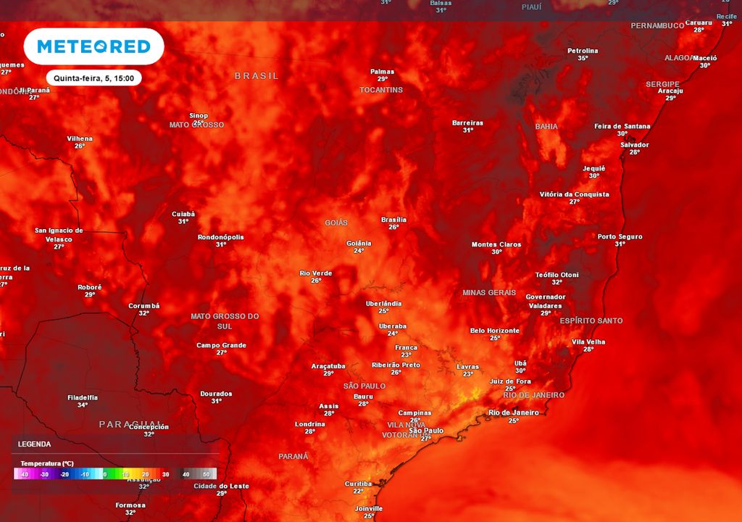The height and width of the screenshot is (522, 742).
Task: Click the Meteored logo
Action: pos(93,46)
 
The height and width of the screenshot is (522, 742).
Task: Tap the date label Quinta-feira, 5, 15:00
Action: pos(93,78)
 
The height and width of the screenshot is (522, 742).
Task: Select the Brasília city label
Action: pos(393,220)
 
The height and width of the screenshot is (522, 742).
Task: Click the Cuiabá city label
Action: pos(183,214)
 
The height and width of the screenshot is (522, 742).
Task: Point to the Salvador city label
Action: pos(635,145)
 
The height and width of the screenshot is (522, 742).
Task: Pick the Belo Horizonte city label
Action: pos(495,331)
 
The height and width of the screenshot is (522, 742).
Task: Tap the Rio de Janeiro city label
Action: pos(514,413)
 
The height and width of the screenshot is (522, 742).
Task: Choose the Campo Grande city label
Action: pos(221,345)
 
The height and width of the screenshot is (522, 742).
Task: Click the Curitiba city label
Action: pos(358,484)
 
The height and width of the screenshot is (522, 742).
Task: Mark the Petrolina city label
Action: pos(583,51)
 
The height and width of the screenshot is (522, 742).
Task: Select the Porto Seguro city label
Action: pos(620,236)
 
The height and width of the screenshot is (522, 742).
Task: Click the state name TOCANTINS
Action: pos(381,90)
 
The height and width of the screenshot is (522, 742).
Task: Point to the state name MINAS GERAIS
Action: pos(489,293)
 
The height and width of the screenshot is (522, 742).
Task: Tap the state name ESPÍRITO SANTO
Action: pos(591,320)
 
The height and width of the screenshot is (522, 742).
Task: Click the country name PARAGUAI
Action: pos(131,423)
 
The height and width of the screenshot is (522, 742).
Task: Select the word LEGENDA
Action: pos(34,444)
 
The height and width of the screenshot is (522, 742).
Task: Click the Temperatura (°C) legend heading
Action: pos(46,463)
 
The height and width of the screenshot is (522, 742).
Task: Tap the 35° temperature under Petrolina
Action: pos(583,58)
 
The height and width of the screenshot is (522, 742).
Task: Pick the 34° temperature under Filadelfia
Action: pos(83,405)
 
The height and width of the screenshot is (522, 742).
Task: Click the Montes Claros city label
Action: pos(496,244)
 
